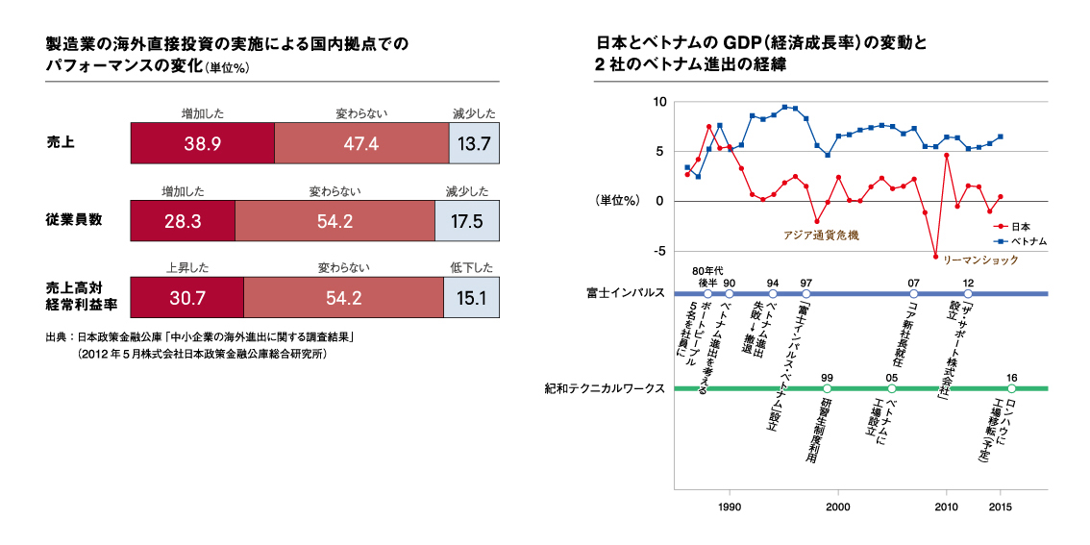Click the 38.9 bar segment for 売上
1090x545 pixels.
tap(202, 144)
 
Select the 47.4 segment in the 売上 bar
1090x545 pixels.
tap(361, 144)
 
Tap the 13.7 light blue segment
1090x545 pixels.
tap(475, 144)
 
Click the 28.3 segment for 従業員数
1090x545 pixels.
tap(182, 221)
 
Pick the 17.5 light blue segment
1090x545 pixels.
tap(467, 221)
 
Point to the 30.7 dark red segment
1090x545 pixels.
tap(186, 298)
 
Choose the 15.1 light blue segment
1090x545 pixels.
tap(471, 298)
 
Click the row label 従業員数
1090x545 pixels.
tap(74, 220)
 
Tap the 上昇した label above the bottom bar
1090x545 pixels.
tap(186, 268)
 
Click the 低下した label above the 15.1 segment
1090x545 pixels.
tap(471, 268)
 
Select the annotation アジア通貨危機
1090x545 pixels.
tap(821, 235)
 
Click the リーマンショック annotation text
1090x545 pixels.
tap(979, 260)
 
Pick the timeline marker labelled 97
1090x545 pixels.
tap(805, 293)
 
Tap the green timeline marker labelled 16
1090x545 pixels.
tap(1011, 389)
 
